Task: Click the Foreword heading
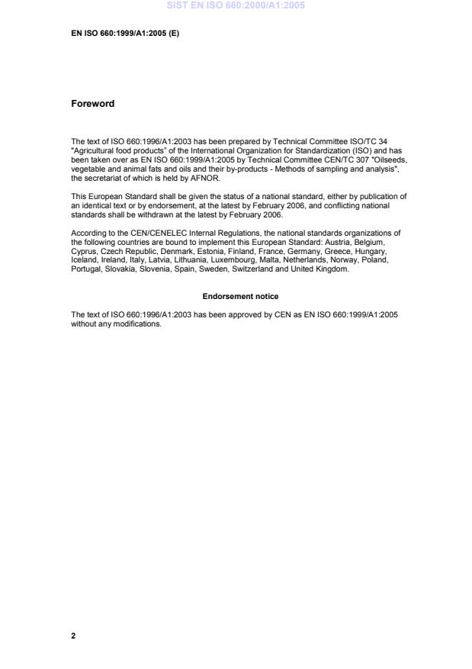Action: point(92,104)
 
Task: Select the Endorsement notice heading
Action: point(240,296)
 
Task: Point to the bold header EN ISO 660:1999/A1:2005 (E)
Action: point(125,34)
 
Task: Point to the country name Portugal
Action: point(86,268)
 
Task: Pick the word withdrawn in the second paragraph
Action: point(141,213)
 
